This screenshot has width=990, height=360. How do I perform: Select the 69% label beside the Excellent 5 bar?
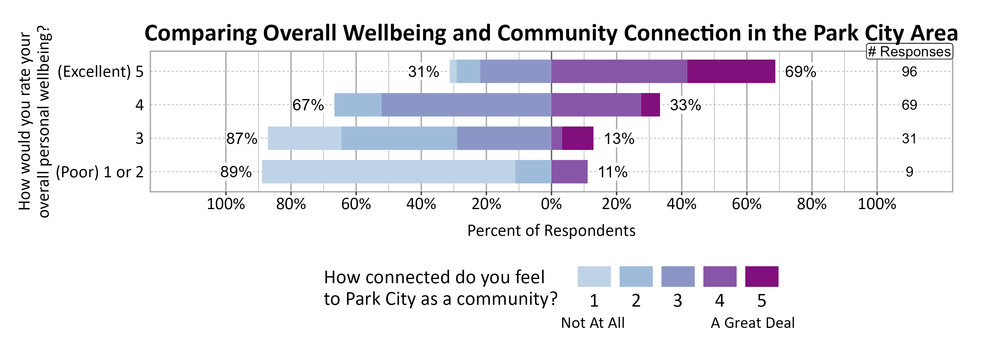click(x=800, y=72)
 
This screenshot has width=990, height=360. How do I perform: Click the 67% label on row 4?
click(x=308, y=105)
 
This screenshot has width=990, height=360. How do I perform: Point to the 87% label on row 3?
click(x=241, y=138)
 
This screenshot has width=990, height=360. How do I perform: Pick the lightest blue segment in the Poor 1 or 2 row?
click(x=388, y=172)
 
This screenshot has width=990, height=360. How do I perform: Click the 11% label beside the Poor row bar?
click(x=613, y=172)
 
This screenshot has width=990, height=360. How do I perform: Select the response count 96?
click(x=909, y=72)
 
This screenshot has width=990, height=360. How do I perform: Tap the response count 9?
click(x=909, y=172)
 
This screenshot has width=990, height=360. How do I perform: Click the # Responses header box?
click(x=909, y=52)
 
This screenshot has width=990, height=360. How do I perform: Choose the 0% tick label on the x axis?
click(x=551, y=204)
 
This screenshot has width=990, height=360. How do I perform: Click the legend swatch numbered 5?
click(x=761, y=276)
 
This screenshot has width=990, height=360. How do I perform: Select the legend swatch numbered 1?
click(x=594, y=276)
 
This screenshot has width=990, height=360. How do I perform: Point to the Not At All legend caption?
click(x=592, y=323)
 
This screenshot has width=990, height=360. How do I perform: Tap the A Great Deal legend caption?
click(x=752, y=323)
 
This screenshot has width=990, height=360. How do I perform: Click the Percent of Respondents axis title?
click(x=551, y=230)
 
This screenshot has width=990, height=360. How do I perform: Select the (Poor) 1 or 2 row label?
click(x=100, y=172)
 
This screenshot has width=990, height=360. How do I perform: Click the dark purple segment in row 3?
click(x=577, y=138)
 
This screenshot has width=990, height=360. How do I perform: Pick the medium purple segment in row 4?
click(x=596, y=105)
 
